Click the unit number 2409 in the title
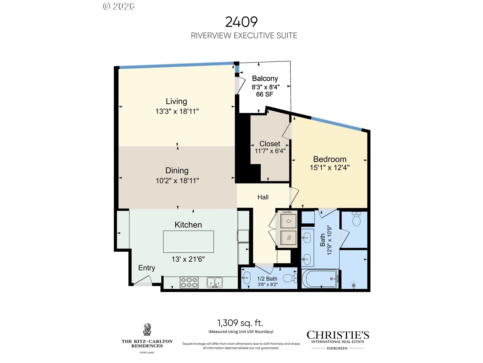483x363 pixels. pos(241,22)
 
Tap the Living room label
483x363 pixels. pos(176,101)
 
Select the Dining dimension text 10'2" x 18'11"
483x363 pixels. pos(177,180)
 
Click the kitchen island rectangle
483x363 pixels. pos(188,241)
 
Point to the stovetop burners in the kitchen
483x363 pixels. pos(189,283)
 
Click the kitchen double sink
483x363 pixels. pos(215,283)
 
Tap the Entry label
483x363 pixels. pos(147,268)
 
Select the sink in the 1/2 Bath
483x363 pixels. pos(246,278)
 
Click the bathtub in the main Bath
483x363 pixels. pos(320,279)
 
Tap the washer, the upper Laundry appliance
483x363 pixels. pos(288,221)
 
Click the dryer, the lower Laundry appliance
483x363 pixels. pos(288,237)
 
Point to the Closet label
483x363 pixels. pos(270,144)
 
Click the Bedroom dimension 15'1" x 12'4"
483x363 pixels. pos(330,167)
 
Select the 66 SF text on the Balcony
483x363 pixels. pos(265,94)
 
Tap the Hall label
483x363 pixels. pos(263,197)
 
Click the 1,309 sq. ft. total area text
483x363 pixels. pos(240,323)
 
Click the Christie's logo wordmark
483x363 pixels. pos(338,335)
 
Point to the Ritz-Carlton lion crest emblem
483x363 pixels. pos(147,330)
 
